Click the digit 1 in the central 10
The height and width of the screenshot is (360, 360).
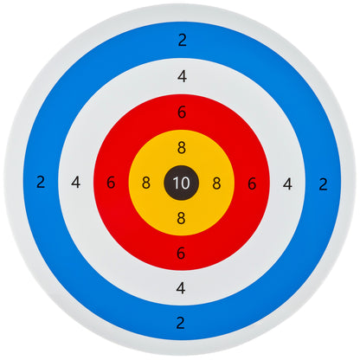coord(176,183)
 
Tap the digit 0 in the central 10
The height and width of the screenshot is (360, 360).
coord(185,183)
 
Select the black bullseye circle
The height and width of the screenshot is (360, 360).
coord(182,183)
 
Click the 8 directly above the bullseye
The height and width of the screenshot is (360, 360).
coord(182,148)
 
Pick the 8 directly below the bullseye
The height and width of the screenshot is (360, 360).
coord(181,218)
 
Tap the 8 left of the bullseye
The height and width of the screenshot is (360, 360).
coord(146,183)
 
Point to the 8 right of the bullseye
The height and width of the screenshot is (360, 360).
coord(216,183)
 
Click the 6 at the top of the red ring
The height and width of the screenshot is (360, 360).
coord(182,112)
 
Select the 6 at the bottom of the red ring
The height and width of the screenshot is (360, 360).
coord(181,253)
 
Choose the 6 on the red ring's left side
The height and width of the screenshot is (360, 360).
coord(111,183)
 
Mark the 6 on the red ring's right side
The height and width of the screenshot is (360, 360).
coord(252,183)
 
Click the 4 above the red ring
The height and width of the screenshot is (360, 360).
coord(183,77)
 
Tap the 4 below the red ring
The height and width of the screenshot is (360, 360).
coord(181,288)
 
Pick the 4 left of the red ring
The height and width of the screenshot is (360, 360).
coord(76,183)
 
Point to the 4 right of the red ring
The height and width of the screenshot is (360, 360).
coord(287,183)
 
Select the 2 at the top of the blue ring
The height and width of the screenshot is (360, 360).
coord(183,40)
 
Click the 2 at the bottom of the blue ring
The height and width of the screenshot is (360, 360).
coord(180,323)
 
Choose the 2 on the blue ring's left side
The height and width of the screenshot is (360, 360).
coord(41,183)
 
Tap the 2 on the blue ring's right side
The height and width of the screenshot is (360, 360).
coord(323,184)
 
